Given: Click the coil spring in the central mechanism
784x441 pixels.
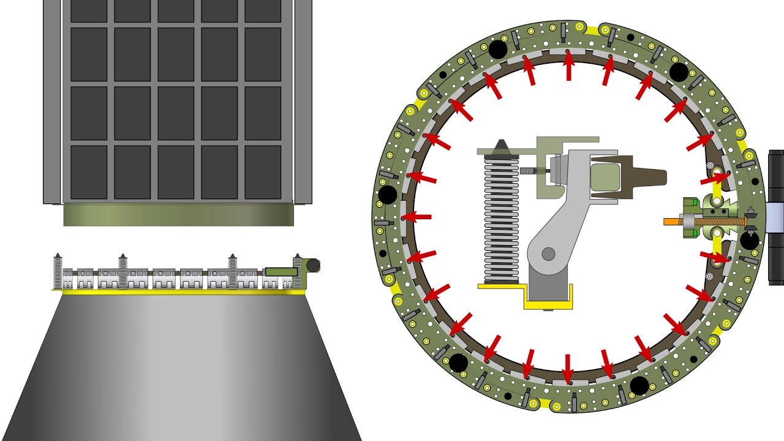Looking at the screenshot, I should coord(501,221).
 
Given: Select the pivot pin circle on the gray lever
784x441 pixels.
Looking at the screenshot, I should coord(548,253).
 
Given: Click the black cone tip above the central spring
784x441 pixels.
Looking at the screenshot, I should coord(502,146).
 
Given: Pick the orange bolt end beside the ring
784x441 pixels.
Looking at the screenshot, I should coord(672,221).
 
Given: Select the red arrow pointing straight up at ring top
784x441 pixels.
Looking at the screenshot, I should coord(568,66).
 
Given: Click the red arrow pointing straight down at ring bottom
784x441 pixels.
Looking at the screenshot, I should coord(568,367).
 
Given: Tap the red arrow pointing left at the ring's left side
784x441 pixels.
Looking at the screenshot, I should coord(417,217).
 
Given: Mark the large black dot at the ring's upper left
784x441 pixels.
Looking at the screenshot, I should coord(497,50).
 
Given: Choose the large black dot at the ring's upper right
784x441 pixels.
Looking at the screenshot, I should coord(679,72).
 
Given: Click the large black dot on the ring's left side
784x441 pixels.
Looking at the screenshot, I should coord(388,195).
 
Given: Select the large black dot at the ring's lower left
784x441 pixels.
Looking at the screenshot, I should coord(458,363).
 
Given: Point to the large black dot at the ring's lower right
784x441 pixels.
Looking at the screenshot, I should coord(639,385).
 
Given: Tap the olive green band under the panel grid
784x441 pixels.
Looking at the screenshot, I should coord(178,215).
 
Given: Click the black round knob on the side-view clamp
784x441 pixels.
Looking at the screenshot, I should coord(312,265).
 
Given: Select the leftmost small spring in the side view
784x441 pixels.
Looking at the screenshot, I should coord(58,271).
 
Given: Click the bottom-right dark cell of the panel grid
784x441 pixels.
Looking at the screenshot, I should coord(263,172).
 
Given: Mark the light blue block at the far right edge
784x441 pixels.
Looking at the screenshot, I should coord(775,217).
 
